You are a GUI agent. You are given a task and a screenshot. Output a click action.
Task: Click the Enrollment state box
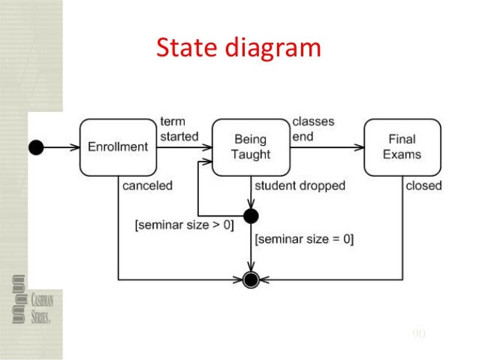(118, 147)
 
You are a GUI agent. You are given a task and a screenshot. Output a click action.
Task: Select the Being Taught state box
(250, 147)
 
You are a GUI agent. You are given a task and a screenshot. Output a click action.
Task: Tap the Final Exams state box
(402, 147)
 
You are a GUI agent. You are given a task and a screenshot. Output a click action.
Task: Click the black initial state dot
(35, 147)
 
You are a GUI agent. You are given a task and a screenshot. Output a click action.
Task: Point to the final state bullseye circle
(252, 281)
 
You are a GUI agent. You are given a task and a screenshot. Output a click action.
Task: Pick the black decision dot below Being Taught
(252, 216)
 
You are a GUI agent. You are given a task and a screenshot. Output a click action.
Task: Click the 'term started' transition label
(179, 129)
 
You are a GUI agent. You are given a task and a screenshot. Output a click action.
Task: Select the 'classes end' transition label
(313, 129)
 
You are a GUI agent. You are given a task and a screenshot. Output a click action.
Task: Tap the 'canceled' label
(147, 186)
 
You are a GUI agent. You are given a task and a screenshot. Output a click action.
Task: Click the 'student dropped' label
(300, 186)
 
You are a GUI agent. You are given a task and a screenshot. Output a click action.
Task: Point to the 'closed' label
(423, 186)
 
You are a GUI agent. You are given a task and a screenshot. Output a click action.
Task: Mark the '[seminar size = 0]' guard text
(304, 240)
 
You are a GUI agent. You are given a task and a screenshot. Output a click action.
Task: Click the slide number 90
(419, 333)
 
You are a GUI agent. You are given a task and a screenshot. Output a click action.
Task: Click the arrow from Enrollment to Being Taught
(185, 147)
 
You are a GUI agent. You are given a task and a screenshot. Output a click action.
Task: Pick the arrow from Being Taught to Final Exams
(327, 147)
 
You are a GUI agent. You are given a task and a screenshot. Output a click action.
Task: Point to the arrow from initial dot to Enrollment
(60, 147)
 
